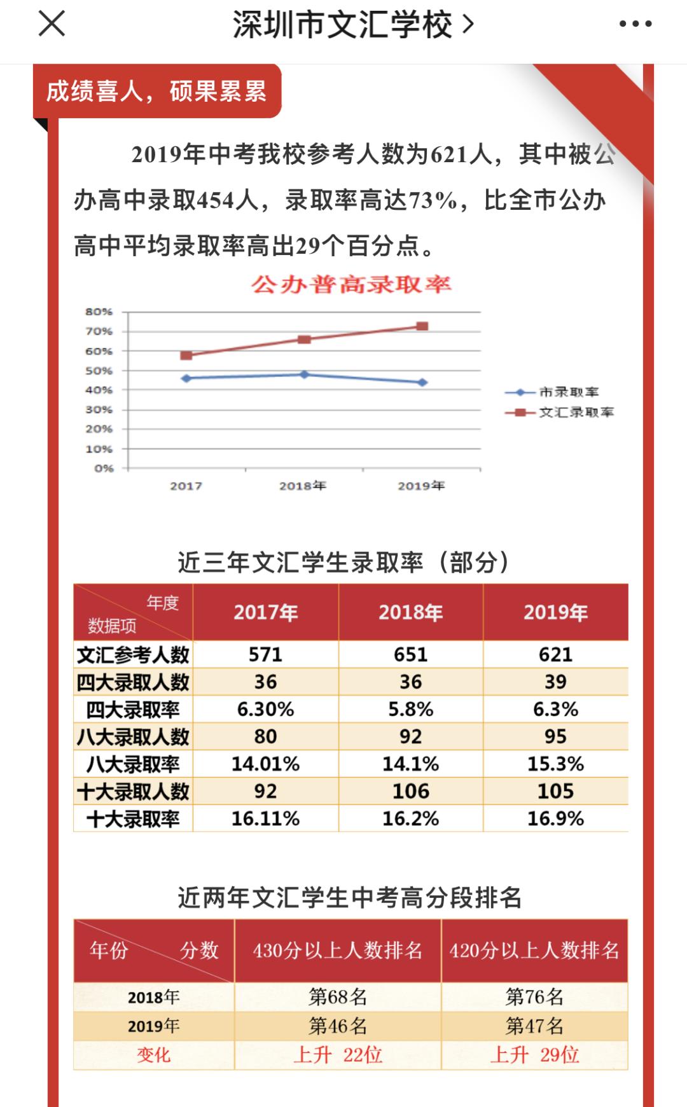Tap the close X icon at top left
tap(52, 24)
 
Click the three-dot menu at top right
tap(635, 24)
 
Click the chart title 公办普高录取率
tap(350, 284)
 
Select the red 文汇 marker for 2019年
tap(422, 326)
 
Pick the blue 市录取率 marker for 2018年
tap(304, 375)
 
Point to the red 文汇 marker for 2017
tap(186, 355)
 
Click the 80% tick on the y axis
tap(99, 312)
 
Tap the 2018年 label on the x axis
tap(302, 486)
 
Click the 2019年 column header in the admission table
tap(555, 612)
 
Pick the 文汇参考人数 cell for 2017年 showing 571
tap(265, 654)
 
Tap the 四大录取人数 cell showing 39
tap(555, 682)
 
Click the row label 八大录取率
tap(133, 764)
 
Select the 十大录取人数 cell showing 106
tap(410, 791)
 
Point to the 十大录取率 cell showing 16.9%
tap(555, 818)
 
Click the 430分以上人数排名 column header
tap(338, 950)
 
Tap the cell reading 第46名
tap(338, 1026)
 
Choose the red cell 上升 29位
tap(534, 1055)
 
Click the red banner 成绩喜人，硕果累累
tap(156, 92)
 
